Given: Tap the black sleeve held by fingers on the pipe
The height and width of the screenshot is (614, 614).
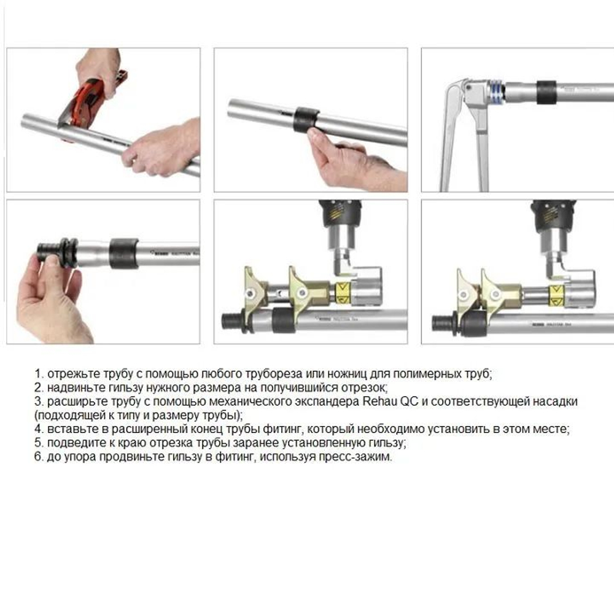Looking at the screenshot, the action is pyautogui.click(x=306, y=120).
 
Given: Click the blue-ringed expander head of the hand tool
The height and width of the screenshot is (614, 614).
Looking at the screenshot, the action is pyautogui.click(x=495, y=93).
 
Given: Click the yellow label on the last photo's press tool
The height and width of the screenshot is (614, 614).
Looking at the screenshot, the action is pyautogui.click(x=556, y=295).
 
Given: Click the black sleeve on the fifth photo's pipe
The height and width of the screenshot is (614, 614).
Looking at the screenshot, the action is pyautogui.click(x=282, y=321).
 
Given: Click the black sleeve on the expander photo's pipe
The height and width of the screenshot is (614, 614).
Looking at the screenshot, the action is pyautogui.click(x=546, y=93).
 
